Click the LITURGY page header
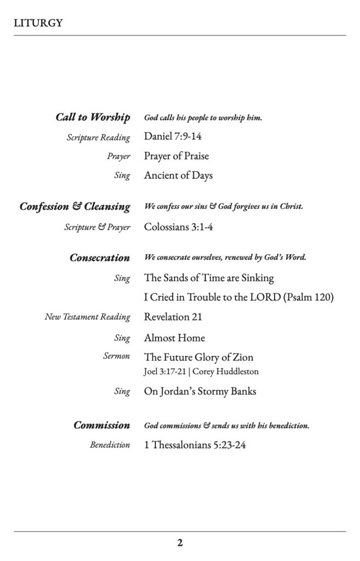(x=38, y=23)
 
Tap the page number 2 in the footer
(x=180, y=543)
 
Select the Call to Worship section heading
(x=93, y=117)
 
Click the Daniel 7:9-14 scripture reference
(x=173, y=136)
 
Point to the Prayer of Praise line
(x=176, y=156)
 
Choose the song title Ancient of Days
(x=178, y=176)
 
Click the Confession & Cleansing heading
(x=75, y=207)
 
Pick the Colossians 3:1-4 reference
(x=178, y=227)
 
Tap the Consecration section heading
(x=100, y=257)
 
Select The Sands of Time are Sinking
(x=209, y=278)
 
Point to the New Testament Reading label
(x=88, y=317)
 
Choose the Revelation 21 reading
(x=173, y=317)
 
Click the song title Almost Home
(x=174, y=337)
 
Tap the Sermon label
(x=117, y=356)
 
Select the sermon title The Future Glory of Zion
(x=198, y=357)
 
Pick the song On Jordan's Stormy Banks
(x=200, y=391)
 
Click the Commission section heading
(x=102, y=425)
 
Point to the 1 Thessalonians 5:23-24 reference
(x=195, y=445)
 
